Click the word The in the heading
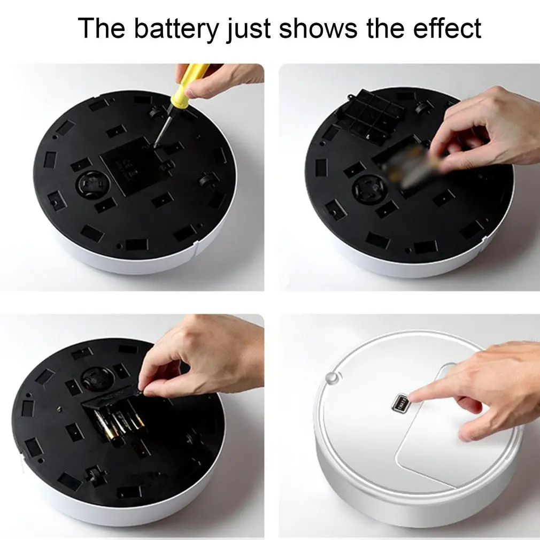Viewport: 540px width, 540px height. (102, 29)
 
